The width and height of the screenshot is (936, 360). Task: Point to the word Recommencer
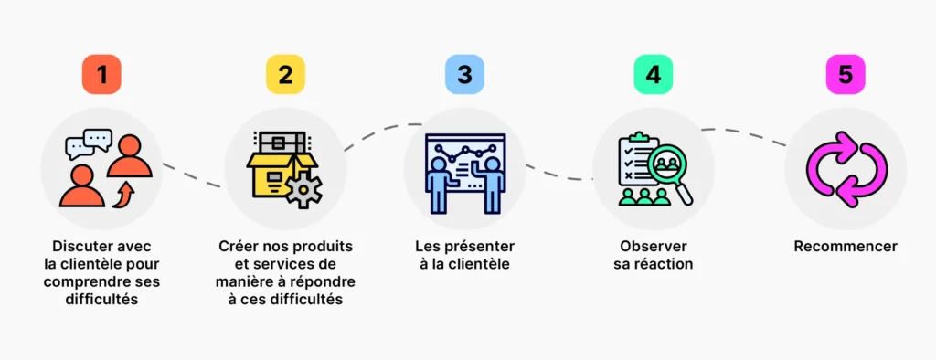point(845,247)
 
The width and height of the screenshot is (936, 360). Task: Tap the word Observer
point(653,247)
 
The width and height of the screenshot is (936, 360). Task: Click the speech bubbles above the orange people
point(89,144)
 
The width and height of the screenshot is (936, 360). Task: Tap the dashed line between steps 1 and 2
point(192,176)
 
